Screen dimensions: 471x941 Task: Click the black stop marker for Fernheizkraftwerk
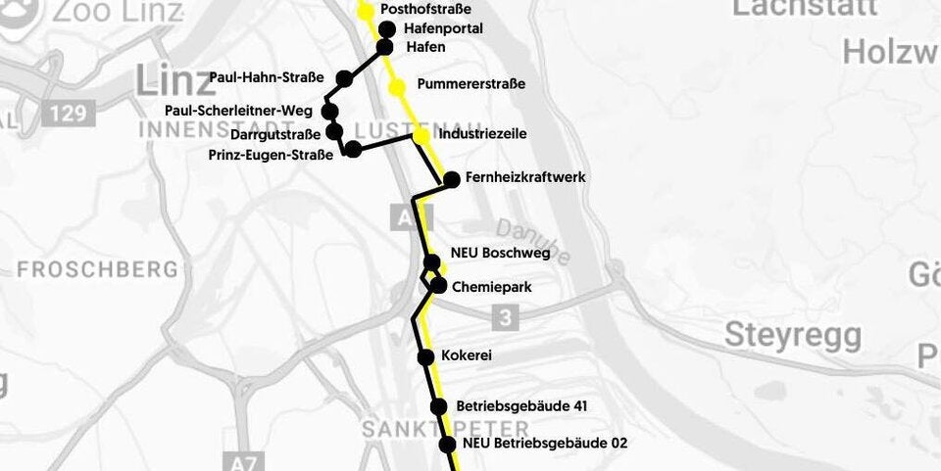[452, 179]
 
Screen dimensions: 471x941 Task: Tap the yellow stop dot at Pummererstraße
[397, 88]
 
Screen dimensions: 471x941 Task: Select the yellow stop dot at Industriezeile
[421, 136]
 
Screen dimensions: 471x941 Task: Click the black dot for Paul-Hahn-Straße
[344, 78]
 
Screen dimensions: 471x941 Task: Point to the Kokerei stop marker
[425, 357]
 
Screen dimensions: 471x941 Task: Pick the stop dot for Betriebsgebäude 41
[438, 407]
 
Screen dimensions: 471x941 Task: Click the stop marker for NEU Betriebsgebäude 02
[447, 445]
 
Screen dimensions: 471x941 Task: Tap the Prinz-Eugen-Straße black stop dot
[353, 150]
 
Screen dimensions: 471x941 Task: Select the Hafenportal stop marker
[387, 29]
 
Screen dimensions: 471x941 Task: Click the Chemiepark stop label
[491, 287]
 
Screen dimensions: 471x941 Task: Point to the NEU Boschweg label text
[500, 253]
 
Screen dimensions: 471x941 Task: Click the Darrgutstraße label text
[275, 135]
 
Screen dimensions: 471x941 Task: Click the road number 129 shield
[69, 114]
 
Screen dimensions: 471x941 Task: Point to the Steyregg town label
[793, 335]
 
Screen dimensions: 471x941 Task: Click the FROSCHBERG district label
[97, 269]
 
